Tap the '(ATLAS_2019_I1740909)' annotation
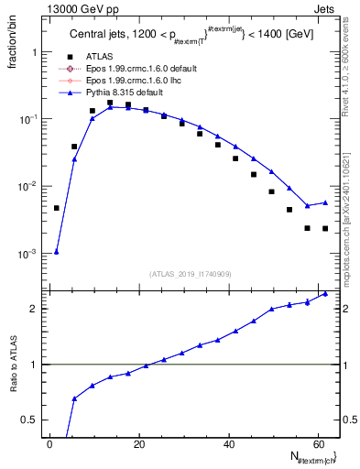(190, 273)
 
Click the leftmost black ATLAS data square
(57, 208)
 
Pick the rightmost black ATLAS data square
(325, 228)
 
